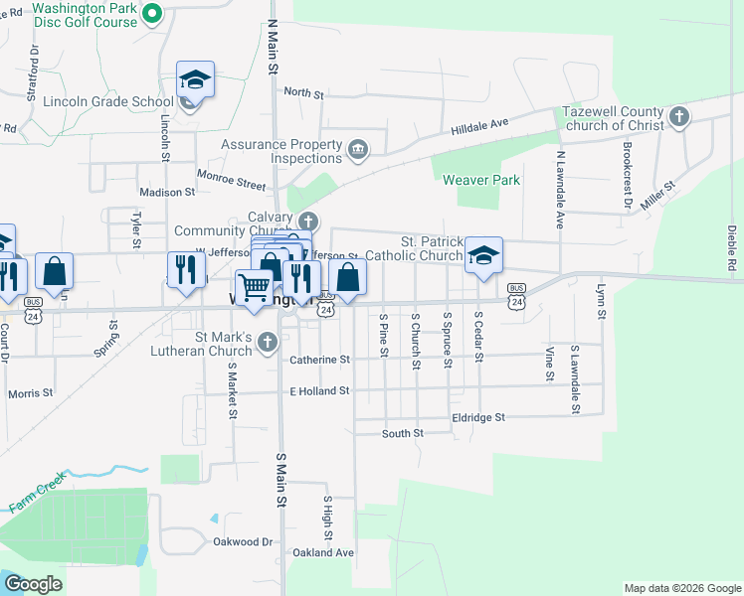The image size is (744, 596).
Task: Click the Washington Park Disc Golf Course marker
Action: point(152,13)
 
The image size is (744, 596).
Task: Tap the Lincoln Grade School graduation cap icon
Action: point(196,79)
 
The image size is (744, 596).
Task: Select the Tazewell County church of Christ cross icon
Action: point(679,118)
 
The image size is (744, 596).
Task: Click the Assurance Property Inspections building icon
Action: point(358,151)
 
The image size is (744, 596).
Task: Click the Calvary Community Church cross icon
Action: point(308,221)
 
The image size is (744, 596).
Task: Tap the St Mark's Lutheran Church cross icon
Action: point(267,343)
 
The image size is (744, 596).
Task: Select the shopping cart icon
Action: point(255,286)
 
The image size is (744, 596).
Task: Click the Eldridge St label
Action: point(478,417)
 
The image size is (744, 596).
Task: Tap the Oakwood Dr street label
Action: point(243,541)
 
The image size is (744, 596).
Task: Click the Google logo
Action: point(33,584)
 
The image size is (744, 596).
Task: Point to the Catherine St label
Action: point(319,360)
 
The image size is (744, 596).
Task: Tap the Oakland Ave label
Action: point(322,552)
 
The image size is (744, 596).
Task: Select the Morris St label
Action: point(30,393)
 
